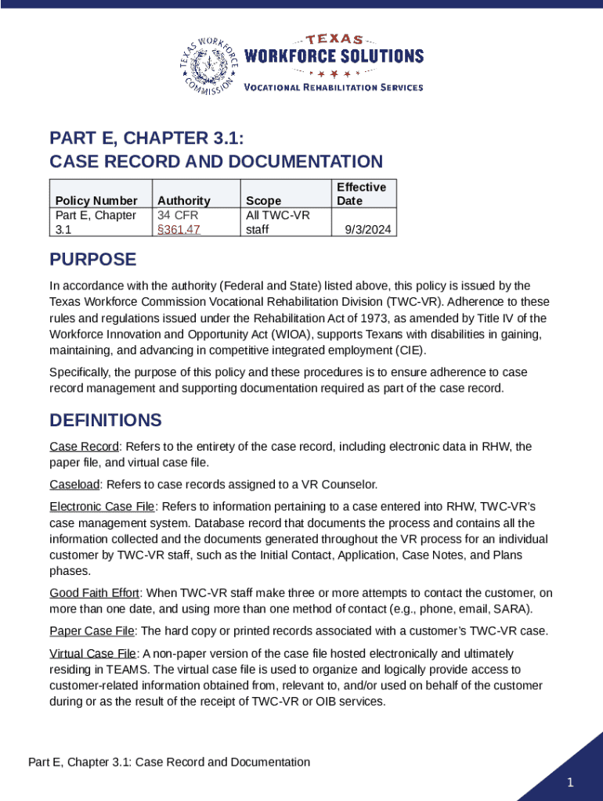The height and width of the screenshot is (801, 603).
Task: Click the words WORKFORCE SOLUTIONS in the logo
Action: coord(334,56)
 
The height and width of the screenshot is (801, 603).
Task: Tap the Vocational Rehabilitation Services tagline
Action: coord(334,87)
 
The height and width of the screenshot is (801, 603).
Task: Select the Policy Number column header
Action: coord(96,201)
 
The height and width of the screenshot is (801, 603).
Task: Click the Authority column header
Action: coord(184,201)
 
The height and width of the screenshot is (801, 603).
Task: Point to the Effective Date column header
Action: coord(361,194)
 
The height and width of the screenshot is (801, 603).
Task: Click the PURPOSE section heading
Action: coord(92,260)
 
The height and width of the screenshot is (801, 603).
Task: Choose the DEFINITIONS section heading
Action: coord(106,420)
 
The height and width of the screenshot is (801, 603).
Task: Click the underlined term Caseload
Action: coord(75,484)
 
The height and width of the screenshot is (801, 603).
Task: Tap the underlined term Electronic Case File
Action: coord(102,506)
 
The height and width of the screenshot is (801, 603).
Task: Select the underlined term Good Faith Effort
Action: coord(95,592)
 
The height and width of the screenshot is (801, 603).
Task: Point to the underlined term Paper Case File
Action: coord(92,630)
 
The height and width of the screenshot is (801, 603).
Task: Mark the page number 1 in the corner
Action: coord(571,783)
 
